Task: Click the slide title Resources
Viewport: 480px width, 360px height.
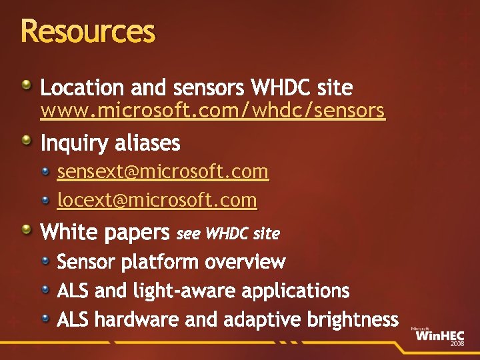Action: coord(87,31)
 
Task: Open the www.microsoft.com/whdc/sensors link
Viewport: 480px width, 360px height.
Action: coord(212,111)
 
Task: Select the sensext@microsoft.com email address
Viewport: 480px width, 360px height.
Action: coord(163,172)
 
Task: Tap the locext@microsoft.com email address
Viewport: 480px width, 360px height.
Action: coord(157,200)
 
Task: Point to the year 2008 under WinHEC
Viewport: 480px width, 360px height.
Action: coord(457,343)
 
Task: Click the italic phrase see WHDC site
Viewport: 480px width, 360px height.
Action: coord(228,233)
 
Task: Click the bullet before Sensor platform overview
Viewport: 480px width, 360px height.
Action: coord(45,259)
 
